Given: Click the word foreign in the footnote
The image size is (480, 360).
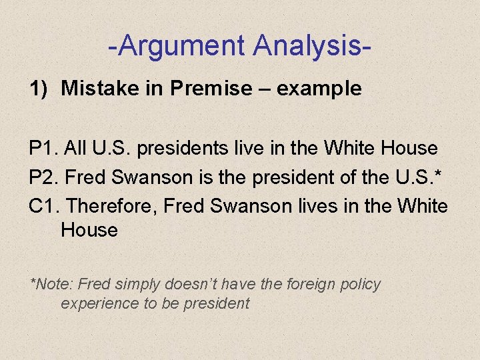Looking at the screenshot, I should pyautogui.click(x=309, y=284).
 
